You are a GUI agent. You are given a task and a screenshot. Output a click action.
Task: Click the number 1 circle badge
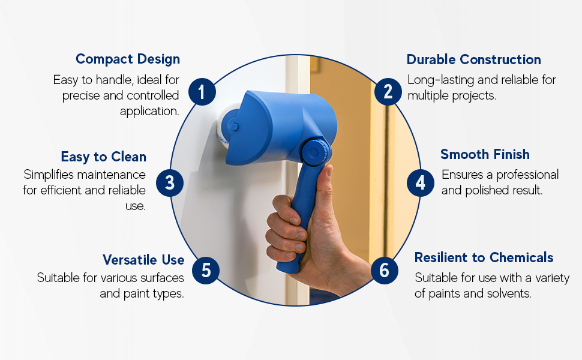tap(202, 92)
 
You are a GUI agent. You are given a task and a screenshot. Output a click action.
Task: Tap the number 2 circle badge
tap(388, 92)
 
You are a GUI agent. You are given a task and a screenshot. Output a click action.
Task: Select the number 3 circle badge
tap(170, 182)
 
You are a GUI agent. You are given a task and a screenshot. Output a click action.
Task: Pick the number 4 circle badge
tap(421, 182)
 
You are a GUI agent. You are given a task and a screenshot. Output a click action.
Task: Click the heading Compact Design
tap(128, 59)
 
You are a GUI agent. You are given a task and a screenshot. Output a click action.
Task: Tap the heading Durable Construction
tap(473, 59)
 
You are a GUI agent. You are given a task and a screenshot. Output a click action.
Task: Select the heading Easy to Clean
tap(103, 157)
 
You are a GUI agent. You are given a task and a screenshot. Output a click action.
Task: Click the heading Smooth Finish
tap(485, 154)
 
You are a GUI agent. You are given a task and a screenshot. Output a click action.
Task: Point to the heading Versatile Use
tap(143, 260)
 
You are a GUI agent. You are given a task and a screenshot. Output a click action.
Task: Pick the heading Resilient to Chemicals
tap(484, 257)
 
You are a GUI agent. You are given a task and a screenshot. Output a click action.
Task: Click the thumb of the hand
tap(325, 186)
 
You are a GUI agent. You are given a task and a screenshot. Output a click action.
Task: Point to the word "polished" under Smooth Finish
tap(484, 190)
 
